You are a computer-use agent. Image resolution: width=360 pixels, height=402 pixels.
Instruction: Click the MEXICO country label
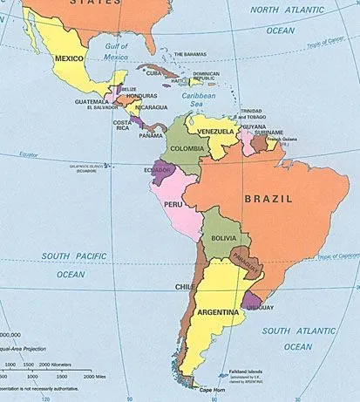69,58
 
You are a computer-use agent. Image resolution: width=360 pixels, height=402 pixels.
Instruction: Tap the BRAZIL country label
268,199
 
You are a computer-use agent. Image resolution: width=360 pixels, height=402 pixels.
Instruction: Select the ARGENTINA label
219,312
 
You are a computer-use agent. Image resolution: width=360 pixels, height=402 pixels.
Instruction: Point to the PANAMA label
151,136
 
